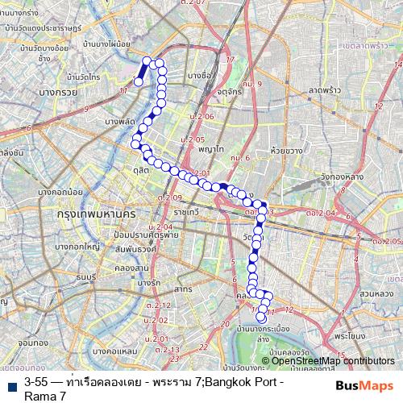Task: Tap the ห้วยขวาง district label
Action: [287, 151]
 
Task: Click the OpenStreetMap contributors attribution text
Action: [333, 361]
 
